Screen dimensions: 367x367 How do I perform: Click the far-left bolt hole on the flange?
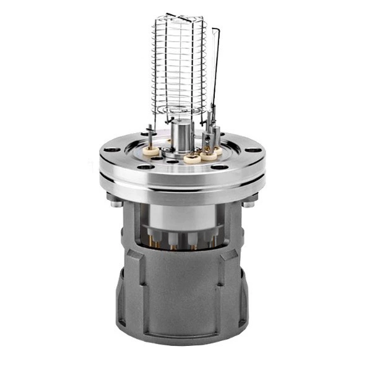coord(110,150)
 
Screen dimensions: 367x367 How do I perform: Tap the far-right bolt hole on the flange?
coord(253,150)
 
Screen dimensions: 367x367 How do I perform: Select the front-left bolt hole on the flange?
coord(144,166)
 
